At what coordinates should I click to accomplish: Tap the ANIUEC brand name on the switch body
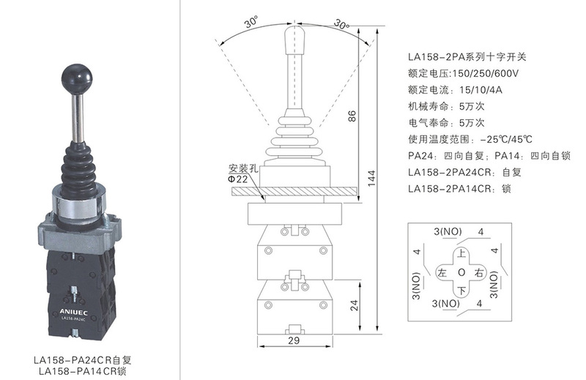(74, 312)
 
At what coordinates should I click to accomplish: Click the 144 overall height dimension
(371, 179)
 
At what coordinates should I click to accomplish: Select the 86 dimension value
(352, 116)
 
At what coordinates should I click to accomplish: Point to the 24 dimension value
(354, 305)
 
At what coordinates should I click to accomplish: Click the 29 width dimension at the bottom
(294, 340)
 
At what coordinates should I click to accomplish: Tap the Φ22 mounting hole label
(238, 179)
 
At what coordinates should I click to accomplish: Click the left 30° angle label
(253, 23)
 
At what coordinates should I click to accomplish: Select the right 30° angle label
(341, 24)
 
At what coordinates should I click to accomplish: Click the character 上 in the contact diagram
(462, 253)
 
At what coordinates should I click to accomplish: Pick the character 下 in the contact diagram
(462, 291)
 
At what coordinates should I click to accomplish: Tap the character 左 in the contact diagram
(442, 272)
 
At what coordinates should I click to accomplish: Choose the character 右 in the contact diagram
(479, 272)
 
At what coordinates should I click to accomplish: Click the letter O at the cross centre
(461, 272)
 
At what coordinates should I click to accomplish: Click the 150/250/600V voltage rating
(486, 73)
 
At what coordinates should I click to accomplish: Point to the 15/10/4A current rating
(481, 89)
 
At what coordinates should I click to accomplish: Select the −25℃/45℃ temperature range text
(506, 139)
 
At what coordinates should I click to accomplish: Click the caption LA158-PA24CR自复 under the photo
(83, 359)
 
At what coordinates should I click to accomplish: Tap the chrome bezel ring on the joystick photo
(78, 206)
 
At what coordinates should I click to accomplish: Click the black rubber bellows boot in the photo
(78, 170)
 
